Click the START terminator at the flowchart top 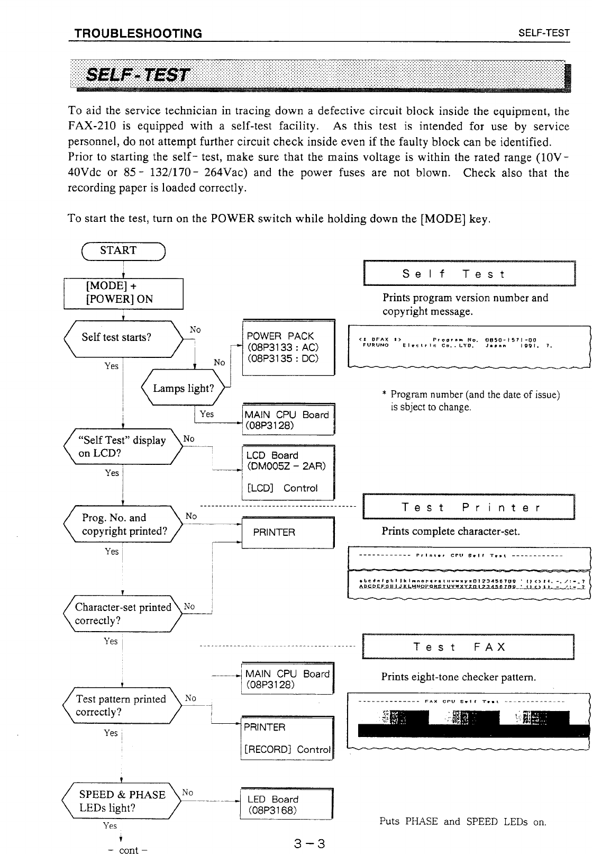coord(119,250)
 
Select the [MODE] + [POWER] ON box coord(123,293)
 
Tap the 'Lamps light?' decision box coord(183,389)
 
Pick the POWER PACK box coord(288,347)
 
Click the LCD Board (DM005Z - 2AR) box coord(288,472)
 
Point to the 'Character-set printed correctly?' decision coord(123,599)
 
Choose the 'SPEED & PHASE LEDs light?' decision coord(122,801)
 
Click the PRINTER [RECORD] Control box coord(287,738)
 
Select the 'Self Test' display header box coord(469,274)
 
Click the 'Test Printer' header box coord(469,508)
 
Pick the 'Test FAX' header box coord(468,647)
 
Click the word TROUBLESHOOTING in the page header coord(139,34)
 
